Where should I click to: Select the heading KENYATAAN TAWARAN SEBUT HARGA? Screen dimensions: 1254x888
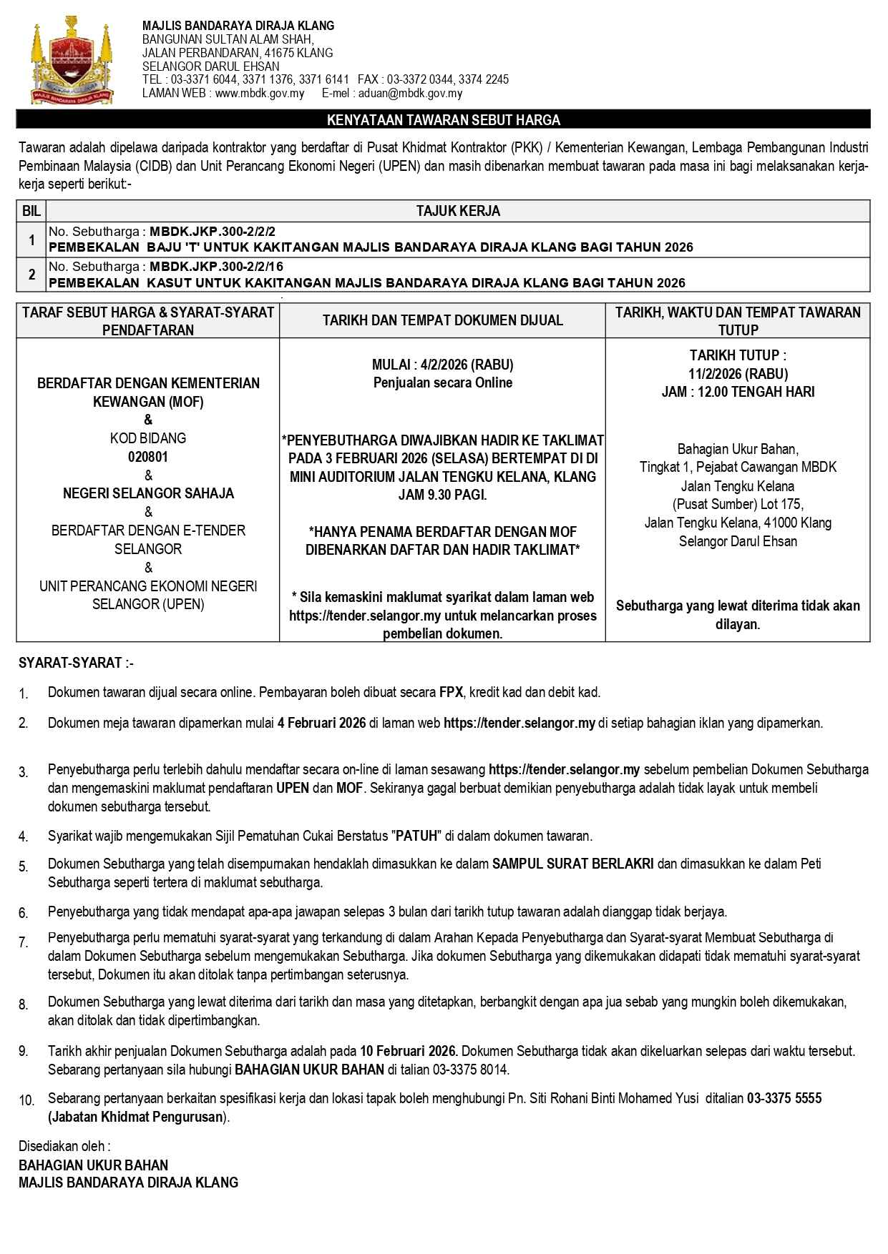(x=444, y=120)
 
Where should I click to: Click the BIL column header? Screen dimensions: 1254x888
(x=31, y=211)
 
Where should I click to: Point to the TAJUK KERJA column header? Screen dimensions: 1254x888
(x=458, y=211)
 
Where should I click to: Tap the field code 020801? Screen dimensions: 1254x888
(x=148, y=457)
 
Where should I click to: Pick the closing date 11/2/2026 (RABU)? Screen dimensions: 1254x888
(x=738, y=373)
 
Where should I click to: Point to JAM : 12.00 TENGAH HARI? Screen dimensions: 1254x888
(x=738, y=392)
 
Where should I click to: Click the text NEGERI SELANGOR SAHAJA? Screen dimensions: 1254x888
(x=148, y=493)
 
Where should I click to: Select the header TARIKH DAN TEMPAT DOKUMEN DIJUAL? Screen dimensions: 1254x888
(x=442, y=320)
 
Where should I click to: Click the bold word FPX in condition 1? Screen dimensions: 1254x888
(x=451, y=692)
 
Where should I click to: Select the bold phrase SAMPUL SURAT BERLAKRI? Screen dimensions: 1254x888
(x=572, y=864)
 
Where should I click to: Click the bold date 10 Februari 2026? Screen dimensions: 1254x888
(x=408, y=1051)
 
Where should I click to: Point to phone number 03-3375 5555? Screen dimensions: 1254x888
(x=784, y=1098)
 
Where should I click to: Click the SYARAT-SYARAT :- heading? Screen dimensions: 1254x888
(x=76, y=663)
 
